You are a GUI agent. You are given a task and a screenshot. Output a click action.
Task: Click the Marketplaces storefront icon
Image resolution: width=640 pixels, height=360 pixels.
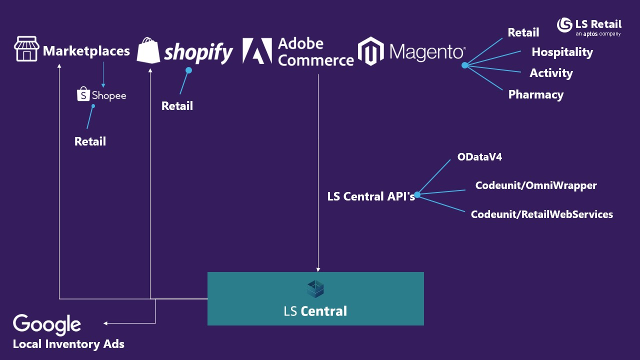click(x=26, y=49)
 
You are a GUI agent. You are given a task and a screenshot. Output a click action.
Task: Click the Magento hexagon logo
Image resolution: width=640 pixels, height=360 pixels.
click(x=370, y=51)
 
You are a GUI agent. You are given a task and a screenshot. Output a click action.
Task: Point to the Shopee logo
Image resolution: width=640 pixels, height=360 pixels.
click(x=101, y=94)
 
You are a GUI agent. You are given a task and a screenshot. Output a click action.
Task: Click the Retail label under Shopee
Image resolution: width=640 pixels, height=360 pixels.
click(x=90, y=141)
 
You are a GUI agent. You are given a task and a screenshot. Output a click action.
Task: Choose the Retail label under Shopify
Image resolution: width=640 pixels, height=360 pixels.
click(x=177, y=106)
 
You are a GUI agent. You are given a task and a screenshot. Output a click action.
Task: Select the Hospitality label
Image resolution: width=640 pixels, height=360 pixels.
click(x=562, y=52)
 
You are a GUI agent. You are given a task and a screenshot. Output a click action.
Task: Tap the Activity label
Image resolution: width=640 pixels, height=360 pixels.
click(x=551, y=73)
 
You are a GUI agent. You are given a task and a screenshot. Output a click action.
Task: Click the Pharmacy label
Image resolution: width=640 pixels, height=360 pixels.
click(x=535, y=94)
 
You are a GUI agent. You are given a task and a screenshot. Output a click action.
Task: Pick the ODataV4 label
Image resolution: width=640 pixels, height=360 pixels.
click(x=479, y=157)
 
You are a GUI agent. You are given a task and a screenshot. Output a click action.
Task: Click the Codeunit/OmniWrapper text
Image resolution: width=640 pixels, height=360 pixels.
click(x=536, y=185)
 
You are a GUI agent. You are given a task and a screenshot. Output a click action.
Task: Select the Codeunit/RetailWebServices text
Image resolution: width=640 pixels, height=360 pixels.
click(x=541, y=214)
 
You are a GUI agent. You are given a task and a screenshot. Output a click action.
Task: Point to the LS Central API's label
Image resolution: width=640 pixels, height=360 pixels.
click(x=371, y=196)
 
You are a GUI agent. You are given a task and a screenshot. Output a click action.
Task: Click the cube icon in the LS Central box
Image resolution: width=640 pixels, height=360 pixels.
click(x=315, y=289)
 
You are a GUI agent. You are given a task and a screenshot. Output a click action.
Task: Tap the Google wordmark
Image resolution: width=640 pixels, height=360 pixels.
click(x=47, y=324)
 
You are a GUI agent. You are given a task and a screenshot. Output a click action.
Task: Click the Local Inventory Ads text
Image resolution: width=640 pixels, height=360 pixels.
click(x=68, y=344)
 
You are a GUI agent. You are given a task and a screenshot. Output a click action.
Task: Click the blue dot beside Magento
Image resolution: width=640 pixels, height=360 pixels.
click(x=464, y=65)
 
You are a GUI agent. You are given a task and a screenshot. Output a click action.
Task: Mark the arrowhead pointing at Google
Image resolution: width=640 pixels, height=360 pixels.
click(x=105, y=323)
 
